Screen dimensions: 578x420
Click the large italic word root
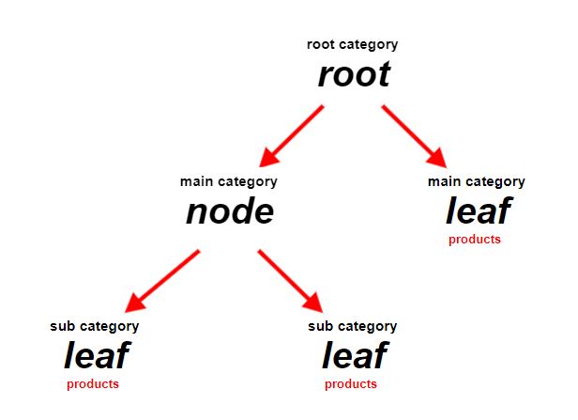[x=354, y=75]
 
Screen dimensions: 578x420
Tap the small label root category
[x=353, y=45]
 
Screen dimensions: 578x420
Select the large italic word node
[x=230, y=211]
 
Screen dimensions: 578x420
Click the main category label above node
[x=229, y=182]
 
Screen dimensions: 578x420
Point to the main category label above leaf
[x=477, y=182]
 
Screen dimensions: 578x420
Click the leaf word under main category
[x=479, y=210]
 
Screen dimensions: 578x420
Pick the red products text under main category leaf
[x=475, y=240]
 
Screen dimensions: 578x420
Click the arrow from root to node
[x=291, y=136]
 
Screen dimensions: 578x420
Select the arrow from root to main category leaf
[x=415, y=136]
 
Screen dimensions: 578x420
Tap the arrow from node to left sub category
[x=162, y=281]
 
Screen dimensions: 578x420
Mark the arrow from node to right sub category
[x=291, y=281]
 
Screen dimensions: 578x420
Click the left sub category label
[x=95, y=327]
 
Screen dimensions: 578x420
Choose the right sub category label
[x=353, y=327]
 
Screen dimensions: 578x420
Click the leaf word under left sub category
[x=97, y=355]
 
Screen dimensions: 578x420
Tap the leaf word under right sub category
[x=355, y=355]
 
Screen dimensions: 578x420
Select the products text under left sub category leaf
[x=93, y=384]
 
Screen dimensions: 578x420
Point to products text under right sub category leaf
[x=351, y=384]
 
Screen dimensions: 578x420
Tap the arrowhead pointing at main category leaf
[x=438, y=159]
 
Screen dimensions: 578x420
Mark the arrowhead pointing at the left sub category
[x=134, y=303]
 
